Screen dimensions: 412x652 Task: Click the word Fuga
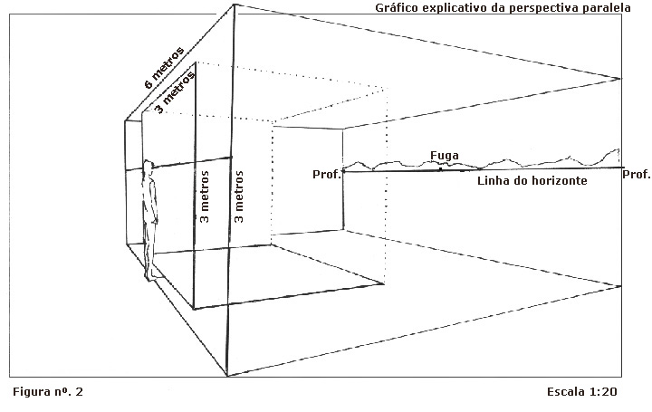443,156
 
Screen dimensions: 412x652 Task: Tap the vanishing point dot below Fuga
441,169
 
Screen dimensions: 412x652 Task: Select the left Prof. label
326,174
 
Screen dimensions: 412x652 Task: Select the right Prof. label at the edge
637,174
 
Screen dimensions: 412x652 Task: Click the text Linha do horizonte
533,181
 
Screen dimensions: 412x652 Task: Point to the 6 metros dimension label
164,67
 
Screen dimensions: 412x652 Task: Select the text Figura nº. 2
48,392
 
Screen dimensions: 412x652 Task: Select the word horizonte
561,181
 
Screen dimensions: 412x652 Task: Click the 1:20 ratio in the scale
605,392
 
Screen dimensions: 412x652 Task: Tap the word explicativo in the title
457,8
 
